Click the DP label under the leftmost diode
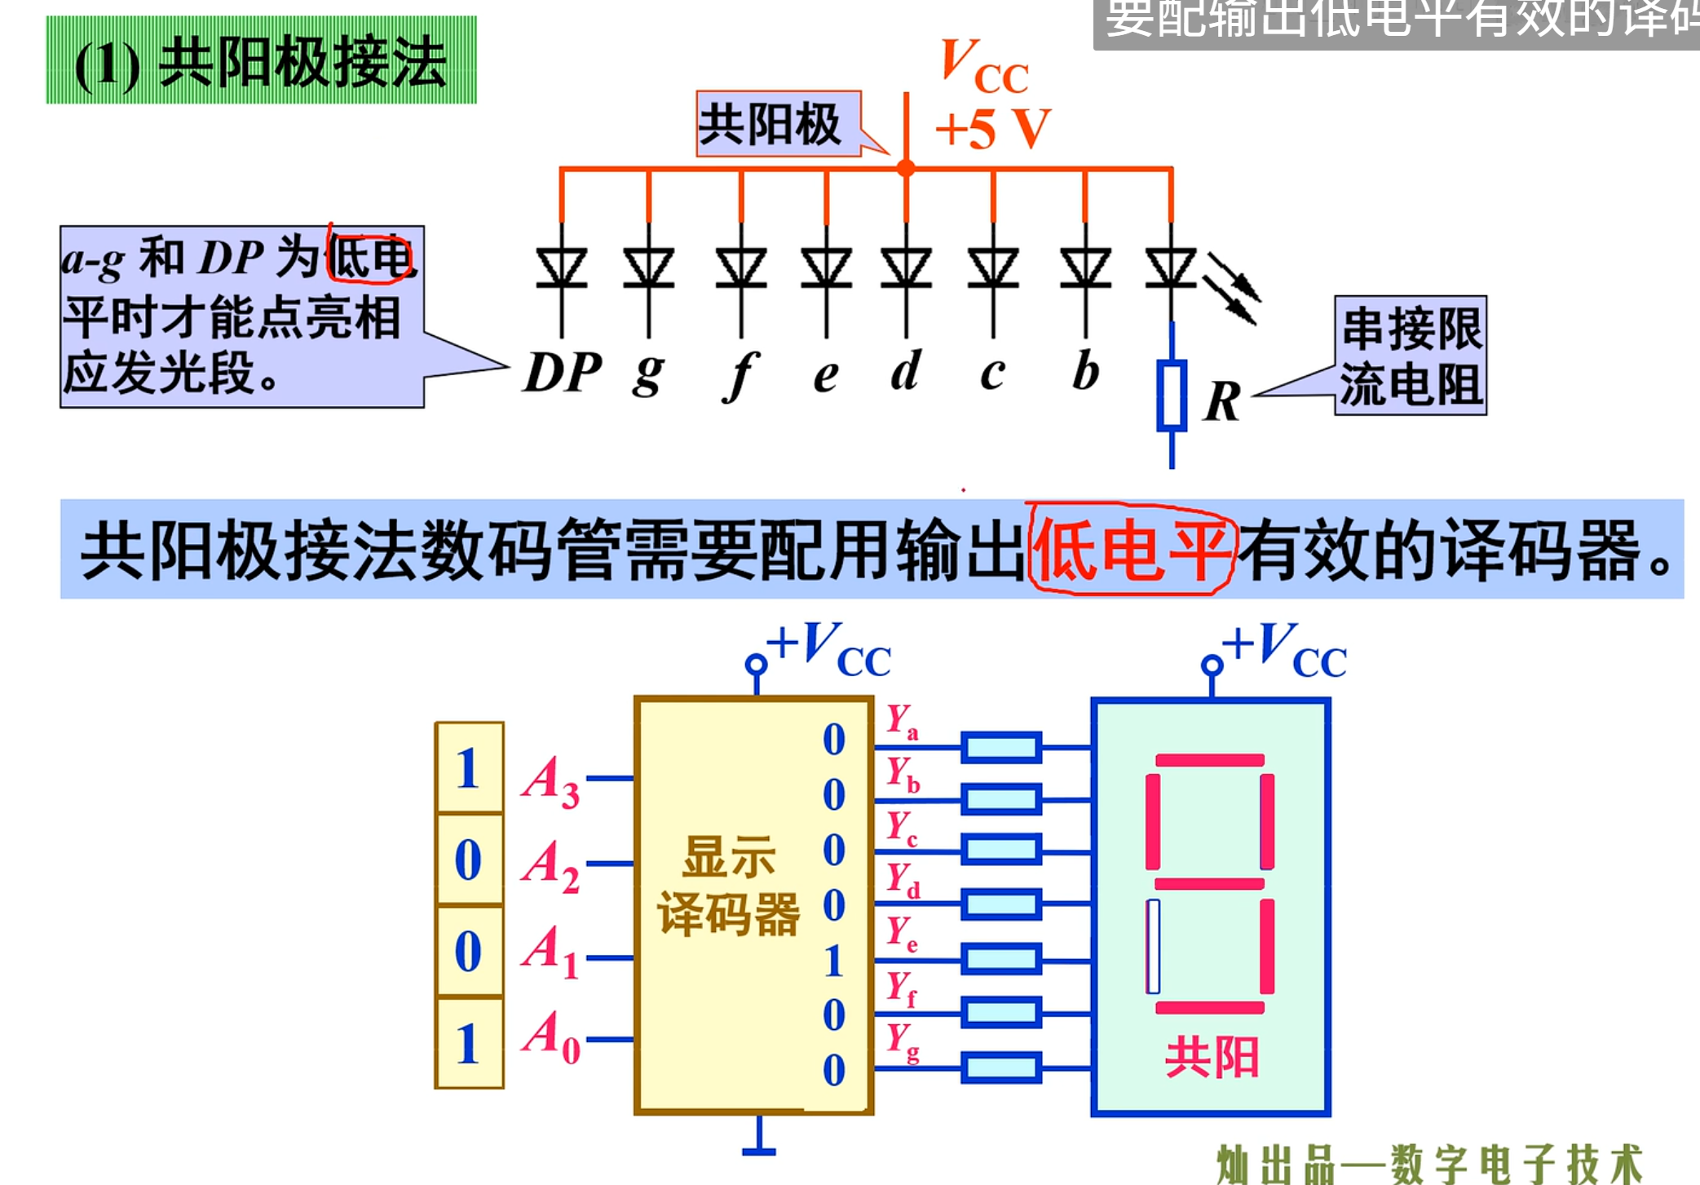563,374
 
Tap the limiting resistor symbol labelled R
1172,395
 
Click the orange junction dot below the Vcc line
906,169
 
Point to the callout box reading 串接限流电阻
1410,356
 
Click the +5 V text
992,129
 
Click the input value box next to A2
469,860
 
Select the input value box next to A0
469,1043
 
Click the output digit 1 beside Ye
833,961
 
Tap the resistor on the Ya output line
1001,747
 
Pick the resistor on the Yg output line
1001,1068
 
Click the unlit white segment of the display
1153,946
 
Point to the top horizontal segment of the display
1210,760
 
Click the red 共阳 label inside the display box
1212,1058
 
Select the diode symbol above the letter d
906,268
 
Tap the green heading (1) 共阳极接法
261,61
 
